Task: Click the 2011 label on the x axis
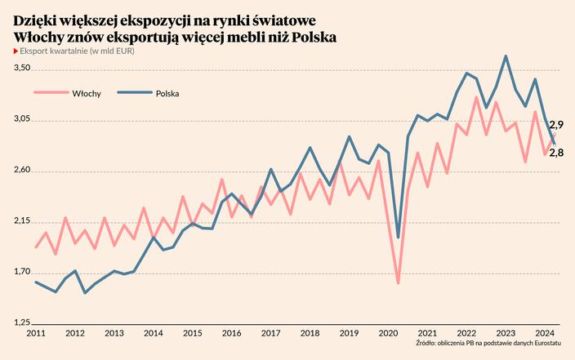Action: point(36,334)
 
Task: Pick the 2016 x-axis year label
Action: point(231,334)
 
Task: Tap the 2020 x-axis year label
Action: point(388,334)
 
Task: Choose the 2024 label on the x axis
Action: point(545,334)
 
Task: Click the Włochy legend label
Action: point(87,94)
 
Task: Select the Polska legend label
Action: point(167,94)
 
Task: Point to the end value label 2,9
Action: point(556,125)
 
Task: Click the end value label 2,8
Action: point(556,153)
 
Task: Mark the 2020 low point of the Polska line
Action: point(398,238)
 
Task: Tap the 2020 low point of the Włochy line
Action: point(398,283)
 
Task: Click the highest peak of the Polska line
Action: point(506,56)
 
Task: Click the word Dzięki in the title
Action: point(35,20)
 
